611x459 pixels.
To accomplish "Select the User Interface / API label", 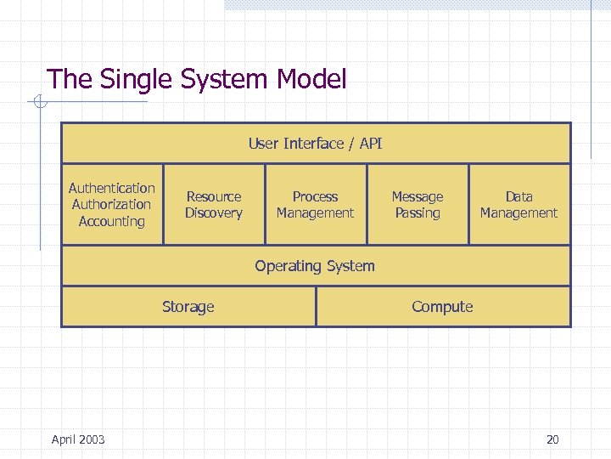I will pos(315,144).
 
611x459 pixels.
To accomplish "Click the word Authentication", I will pos(112,188).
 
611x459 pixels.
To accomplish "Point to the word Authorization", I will pos(112,204).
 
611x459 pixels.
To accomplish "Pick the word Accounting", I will pos(112,221).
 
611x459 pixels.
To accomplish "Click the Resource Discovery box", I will pos(214,205).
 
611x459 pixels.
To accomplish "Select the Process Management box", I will pos(316,205).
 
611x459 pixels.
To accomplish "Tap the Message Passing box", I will pos(418,205).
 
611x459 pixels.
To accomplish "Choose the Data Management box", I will pos(519,205).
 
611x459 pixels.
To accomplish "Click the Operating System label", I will pos(315,266).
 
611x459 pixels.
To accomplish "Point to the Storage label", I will pos(188,307).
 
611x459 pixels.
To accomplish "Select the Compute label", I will pos(442,307).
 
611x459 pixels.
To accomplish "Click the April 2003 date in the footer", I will pos(78,439).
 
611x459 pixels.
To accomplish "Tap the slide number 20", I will pos(552,439).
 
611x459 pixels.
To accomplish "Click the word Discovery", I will pos(214,213).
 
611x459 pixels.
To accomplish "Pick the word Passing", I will pos(418,213).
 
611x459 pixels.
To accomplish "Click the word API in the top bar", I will pos(371,144).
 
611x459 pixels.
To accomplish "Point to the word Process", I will pos(316,196).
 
